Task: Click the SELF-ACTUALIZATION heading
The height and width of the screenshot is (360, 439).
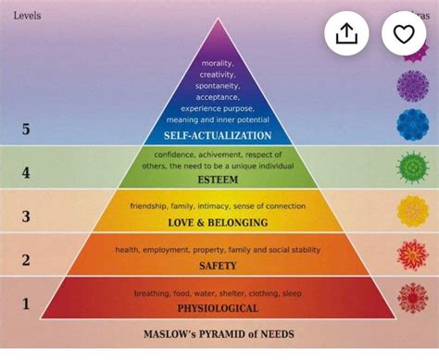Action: pyautogui.click(x=219, y=136)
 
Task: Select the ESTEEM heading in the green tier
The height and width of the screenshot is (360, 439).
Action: pyautogui.click(x=219, y=180)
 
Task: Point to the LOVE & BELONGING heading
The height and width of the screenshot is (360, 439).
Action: pyautogui.click(x=219, y=223)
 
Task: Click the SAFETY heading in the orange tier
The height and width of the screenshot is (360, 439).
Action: pyautogui.click(x=219, y=266)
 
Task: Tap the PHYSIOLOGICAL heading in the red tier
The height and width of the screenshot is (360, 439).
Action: pyautogui.click(x=219, y=308)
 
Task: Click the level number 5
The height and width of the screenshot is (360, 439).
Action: pyautogui.click(x=26, y=130)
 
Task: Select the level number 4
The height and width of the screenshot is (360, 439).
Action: pyautogui.click(x=26, y=172)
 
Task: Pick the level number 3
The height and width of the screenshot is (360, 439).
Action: pyautogui.click(x=26, y=217)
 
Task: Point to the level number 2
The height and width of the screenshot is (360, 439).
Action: pyautogui.click(x=26, y=260)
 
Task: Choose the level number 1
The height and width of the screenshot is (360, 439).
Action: pyautogui.click(x=26, y=303)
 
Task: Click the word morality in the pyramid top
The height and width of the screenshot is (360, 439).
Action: pyautogui.click(x=219, y=63)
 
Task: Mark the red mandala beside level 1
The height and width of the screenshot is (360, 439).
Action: pyautogui.click(x=412, y=297)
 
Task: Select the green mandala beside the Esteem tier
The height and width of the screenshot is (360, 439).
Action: pyautogui.click(x=412, y=168)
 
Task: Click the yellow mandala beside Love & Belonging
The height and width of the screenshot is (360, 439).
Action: pyautogui.click(x=412, y=211)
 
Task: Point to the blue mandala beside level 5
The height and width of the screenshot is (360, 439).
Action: pyautogui.click(x=412, y=124)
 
